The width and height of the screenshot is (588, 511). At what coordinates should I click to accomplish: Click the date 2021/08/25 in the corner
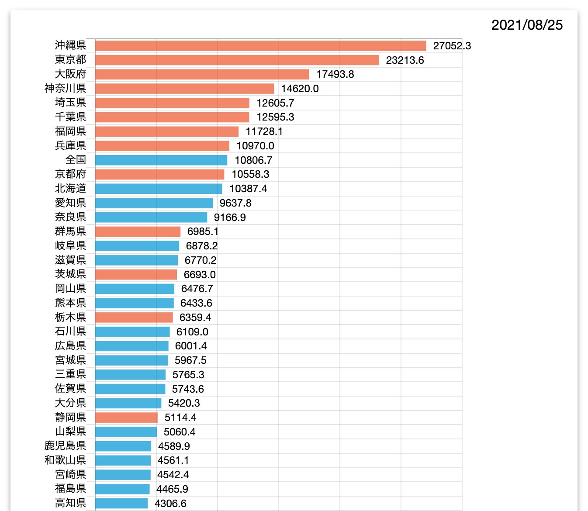click(x=527, y=25)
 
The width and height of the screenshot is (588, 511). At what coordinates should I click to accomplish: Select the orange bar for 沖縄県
click(x=260, y=46)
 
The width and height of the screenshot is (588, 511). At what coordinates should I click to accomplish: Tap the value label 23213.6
click(x=405, y=60)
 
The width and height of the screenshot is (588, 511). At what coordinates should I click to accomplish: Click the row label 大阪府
click(x=70, y=74)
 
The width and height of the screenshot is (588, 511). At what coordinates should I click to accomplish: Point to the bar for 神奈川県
click(x=184, y=89)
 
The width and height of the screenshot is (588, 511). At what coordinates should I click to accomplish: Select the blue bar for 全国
click(x=161, y=160)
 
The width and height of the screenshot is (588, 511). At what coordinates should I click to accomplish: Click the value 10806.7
click(x=253, y=160)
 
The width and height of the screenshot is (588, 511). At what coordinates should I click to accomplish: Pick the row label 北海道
click(x=70, y=189)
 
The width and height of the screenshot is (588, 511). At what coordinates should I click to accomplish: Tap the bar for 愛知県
click(x=154, y=203)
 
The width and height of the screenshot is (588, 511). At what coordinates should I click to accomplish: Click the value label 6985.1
click(x=203, y=231)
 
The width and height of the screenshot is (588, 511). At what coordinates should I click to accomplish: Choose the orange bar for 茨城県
click(x=136, y=275)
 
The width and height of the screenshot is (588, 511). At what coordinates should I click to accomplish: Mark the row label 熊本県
click(x=70, y=303)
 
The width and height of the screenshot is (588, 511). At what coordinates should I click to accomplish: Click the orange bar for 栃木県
click(x=134, y=318)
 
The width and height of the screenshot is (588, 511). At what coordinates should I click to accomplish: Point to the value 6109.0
click(x=192, y=332)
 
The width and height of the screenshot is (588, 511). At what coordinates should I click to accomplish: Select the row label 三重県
click(x=70, y=375)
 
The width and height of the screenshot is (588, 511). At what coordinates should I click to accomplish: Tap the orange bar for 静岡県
click(x=126, y=418)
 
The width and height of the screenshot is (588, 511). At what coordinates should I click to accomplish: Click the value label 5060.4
click(x=180, y=432)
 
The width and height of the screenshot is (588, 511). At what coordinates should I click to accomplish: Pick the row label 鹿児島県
click(x=65, y=446)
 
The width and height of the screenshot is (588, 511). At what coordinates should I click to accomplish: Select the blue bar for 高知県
click(x=121, y=504)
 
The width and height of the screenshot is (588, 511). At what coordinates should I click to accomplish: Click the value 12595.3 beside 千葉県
click(x=275, y=117)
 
